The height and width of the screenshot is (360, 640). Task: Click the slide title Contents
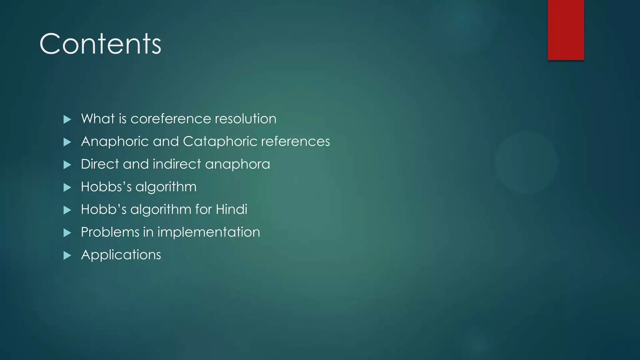click(x=100, y=44)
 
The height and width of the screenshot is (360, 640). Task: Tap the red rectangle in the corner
click(x=566, y=30)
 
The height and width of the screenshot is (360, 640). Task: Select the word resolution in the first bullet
click(x=246, y=119)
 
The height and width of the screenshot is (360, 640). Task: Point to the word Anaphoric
click(x=115, y=142)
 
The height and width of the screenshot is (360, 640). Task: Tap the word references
click(x=295, y=142)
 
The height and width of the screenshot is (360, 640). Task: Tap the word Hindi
click(x=232, y=209)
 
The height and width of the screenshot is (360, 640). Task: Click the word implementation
click(x=208, y=232)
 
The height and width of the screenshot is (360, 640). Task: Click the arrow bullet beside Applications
click(x=67, y=256)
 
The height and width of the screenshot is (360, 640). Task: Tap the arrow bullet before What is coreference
click(x=67, y=119)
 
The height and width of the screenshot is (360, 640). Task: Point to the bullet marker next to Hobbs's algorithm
click(x=67, y=187)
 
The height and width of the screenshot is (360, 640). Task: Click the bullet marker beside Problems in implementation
click(x=67, y=233)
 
